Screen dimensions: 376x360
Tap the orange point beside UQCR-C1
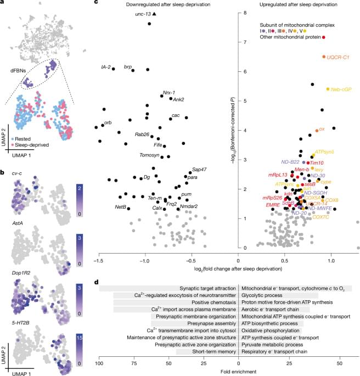(324, 57)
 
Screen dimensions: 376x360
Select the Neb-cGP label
(341, 89)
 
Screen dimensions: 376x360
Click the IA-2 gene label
(106, 68)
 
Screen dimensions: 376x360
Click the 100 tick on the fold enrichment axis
(99, 363)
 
